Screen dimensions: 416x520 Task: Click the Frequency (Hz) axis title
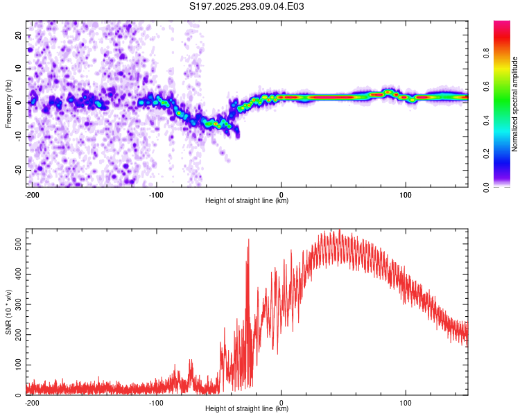(8, 103)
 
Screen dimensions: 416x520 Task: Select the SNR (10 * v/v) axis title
(8, 312)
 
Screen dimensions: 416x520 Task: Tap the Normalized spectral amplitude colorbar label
(514, 104)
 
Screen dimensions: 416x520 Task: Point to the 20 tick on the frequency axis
(17, 35)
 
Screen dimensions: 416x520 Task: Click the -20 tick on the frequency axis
(16, 170)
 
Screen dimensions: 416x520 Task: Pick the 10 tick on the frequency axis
(17, 69)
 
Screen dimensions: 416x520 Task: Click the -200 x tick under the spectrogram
(31, 194)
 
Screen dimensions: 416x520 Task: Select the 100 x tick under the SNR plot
(406, 402)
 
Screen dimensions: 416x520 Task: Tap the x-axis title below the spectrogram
(247, 201)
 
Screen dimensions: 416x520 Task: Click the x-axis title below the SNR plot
(247, 409)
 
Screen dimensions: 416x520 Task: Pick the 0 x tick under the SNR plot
(281, 402)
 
